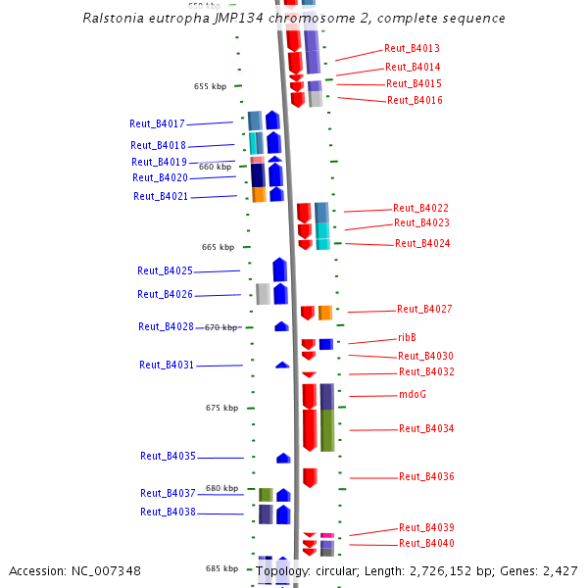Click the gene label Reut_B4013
pyautogui.click(x=412, y=48)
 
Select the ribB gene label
pyautogui.click(x=407, y=337)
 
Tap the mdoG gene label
pyautogui.click(x=413, y=395)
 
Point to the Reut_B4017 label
pyautogui.click(x=157, y=123)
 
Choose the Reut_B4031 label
pyautogui.click(x=167, y=365)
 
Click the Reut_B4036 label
pyautogui.click(x=426, y=476)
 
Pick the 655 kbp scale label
pyautogui.click(x=210, y=86)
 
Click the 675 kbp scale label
pyautogui.click(x=221, y=408)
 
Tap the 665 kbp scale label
pyautogui.click(x=218, y=247)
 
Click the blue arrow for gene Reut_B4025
pyautogui.click(x=279, y=269)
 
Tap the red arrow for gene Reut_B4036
pyautogui.click(x=310, y=477)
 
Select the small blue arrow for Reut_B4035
pyautogui.click(x=283, y=458)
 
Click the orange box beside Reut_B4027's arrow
pyautogui.click(x=325, y=313)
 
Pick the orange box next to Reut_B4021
pyautogui.click(x=259, y=195)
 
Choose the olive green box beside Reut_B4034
pyautogui.click(x=327, y=430)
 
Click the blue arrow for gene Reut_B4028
pyautogui.click(x=281, y=326)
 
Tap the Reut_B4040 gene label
pyautogui.click(x=426, y=543)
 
